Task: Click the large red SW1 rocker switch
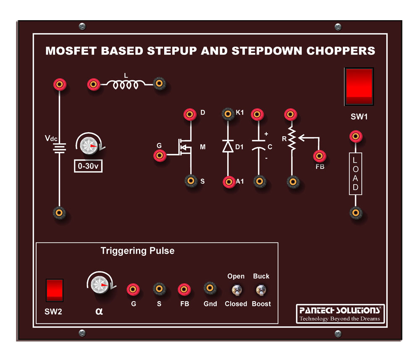(359, 86)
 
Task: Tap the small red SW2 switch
(55, 290)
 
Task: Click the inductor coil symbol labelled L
(125, 85)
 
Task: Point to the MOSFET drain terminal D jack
(190, 114)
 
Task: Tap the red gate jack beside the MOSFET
(160, 156)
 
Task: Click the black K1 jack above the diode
(228, 114)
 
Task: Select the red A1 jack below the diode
(228, 181)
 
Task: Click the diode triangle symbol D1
(228, 146)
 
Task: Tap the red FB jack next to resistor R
(320, 156)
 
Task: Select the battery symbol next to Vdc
(60, 147)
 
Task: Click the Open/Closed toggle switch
(236, 290)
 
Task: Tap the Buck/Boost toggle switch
(261, 290)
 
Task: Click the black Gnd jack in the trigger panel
(210, 288)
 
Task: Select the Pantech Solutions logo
(340, 313)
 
